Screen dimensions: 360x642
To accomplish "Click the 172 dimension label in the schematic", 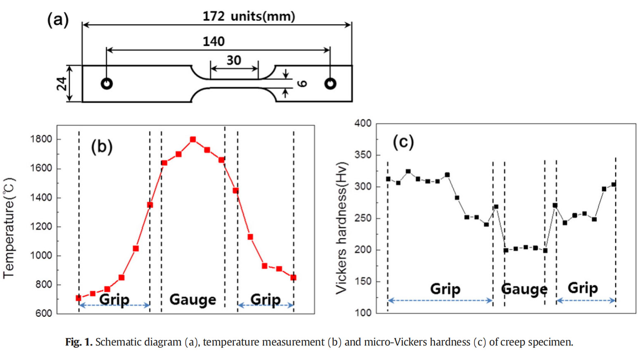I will point(213,16).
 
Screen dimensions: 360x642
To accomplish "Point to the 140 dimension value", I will point(213,41).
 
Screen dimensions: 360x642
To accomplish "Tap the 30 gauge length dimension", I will point(233,60).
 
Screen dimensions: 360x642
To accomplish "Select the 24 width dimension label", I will point(62,84).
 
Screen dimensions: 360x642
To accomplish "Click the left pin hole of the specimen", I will point(107,84).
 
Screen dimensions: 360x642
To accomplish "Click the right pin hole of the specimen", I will point(330,84).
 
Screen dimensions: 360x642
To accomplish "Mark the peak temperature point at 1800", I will point(193,140).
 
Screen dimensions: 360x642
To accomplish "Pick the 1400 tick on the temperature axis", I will point(41,197).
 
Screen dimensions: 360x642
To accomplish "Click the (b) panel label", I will point(102,147).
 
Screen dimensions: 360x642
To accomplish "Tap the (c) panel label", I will point(403,142).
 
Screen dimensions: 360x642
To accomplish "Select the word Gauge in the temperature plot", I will point(193,299).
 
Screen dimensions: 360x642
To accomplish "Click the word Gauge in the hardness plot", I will point(524,289).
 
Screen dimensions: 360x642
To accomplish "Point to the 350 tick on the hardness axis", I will point(363,155).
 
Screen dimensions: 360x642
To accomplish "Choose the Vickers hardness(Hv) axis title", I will point(341,227).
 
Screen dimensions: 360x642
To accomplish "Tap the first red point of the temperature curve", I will point(78,298).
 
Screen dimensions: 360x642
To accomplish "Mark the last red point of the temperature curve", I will point(293,277).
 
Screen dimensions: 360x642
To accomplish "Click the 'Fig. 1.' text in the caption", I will point(78,342).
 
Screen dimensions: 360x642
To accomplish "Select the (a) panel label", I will point(58,19).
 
